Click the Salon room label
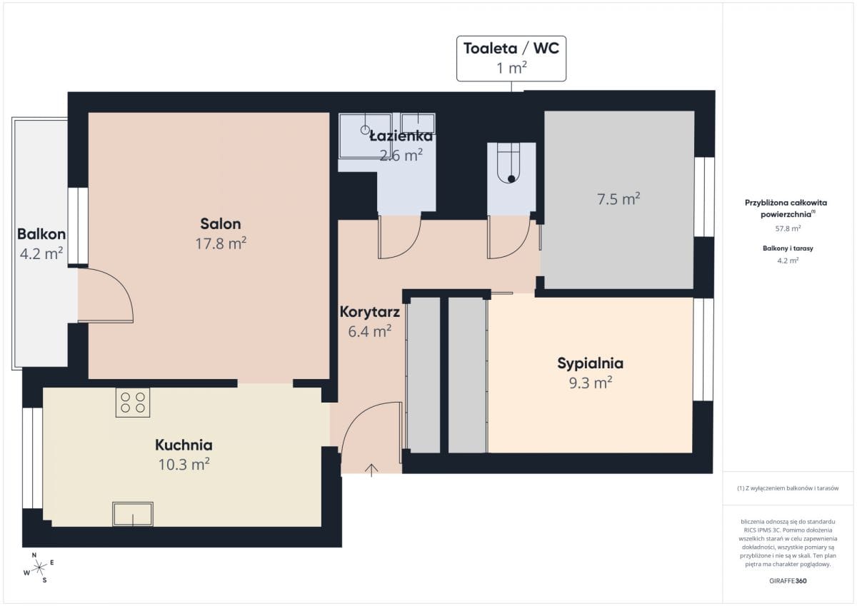click(x=221, y=223)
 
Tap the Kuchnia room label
click(x=184, y=445)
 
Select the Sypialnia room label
click(x=591, y=363)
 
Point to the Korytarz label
click(x=370, y=312)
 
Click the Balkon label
click(x=41, y=234)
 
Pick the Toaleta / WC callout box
click(x=511, y=59)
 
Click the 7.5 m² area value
click(x=618, y=199)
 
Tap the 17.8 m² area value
click(x=221, y=243)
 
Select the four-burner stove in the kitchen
click(x=133, y=403)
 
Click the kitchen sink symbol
click(x=133, y=514)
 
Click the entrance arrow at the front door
click(x=371, y=470)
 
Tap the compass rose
click(x=39, y=567)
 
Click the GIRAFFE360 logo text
click(x=788, y=581)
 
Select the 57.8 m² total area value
click(x=788, y=228)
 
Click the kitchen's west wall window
click(x=33, y=458)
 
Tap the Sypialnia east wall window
click(x=703, y=350)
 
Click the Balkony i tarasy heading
click(x=788, y=248)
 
